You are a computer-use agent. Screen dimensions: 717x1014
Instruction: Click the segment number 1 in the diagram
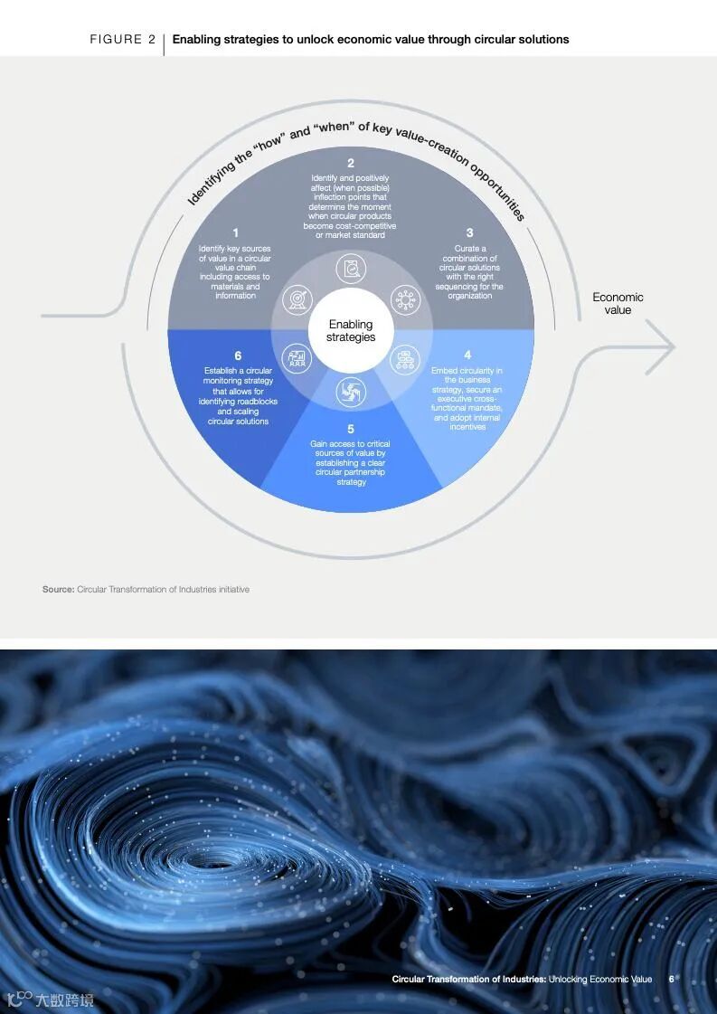[x=236, y=232]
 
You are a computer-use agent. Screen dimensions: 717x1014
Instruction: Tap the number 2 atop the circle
[x=351, y=164]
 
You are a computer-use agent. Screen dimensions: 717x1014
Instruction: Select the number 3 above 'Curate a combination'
[x=469, y=232]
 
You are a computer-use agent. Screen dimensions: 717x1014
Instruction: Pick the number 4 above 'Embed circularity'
[x=467, y=355]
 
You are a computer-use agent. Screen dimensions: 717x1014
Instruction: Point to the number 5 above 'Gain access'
[x=351, y=429]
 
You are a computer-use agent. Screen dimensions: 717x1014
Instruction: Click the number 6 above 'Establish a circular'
[x=238, y=355]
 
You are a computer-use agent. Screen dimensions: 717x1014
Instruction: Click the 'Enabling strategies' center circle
[x=351, y=331]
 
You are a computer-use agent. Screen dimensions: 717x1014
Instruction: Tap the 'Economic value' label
[x=618, y=303]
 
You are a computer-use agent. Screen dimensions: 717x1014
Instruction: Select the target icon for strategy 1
[x=296, y=300]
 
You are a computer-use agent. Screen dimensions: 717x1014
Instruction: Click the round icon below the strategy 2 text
[x=351, y=269]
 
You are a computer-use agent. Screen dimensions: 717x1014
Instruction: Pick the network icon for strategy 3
[x=405, y=300]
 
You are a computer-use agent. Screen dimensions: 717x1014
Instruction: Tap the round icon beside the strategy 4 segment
[x=405, y=359]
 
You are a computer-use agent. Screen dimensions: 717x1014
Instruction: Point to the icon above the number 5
[x=351, y=392]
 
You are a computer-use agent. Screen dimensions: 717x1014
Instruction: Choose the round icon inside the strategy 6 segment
[x=296, y=359]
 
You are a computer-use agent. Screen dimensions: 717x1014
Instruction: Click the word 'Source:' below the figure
[x=58, y=590]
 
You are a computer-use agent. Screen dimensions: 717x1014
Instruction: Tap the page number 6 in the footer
[x=672, y=979]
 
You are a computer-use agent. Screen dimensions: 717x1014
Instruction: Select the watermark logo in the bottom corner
[x=50, y=999]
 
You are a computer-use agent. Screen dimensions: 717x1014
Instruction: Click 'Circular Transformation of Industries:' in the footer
[x=468, y=979]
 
